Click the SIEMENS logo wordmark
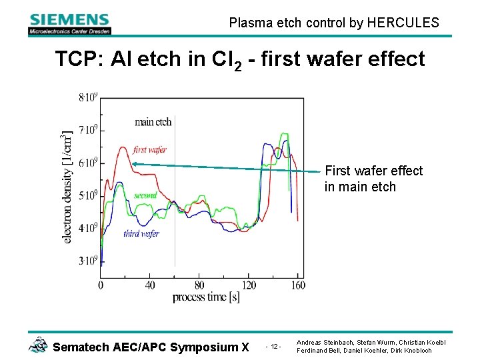pyautogui.click(x=69, y=19)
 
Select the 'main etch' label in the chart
pyautogui.click(x=153, y=121)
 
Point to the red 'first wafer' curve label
pyautogui.click(x=150, y=150)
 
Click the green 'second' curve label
pyautogui.click(x=145, y=195)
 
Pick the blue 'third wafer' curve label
pyautogui.click(x=141, y=233)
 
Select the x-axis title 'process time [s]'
pyautogui.click(x=206, y=297)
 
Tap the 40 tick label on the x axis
pyautogui.click(x=149, y=285)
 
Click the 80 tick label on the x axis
pyautogui.click(x=199, y=285)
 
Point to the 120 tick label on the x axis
pyautogui.click(x=248, y=285)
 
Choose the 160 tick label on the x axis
pyautogui.click(x=298, y=285)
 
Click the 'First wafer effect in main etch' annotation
pyautogui.click(x=373, y=179)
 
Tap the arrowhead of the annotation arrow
pyautogui.click(x=133, y=163)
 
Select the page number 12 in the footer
pyautogui.click(x=274, y=347)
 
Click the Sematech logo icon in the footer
pyautogui.click(x=38, y=345)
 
